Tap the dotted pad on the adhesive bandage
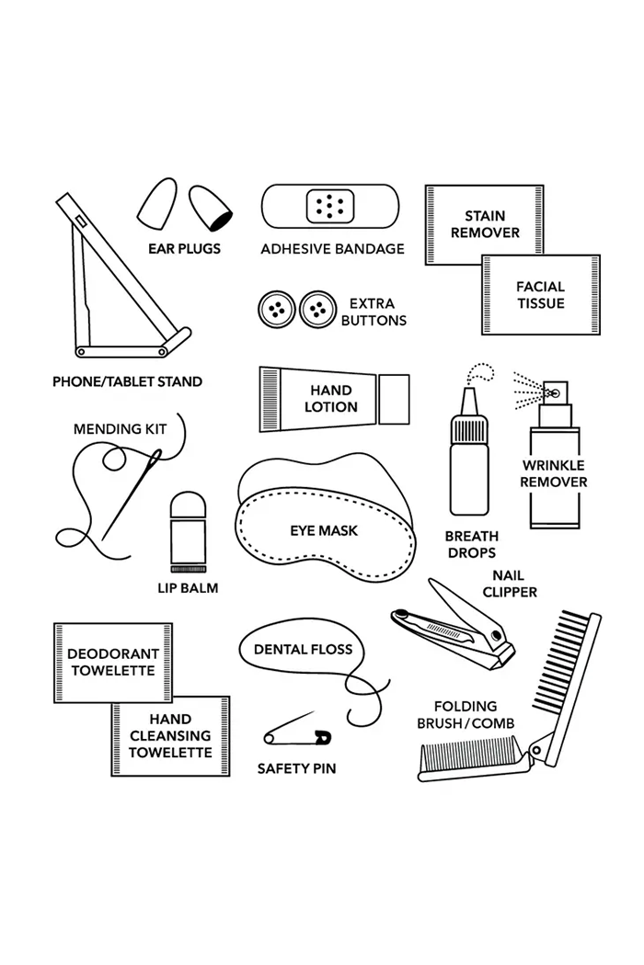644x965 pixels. tap(330, 205)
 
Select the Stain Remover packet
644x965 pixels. tap(485, 224)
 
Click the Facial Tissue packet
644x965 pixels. tap(540, 295)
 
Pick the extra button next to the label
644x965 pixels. tap(318, 310)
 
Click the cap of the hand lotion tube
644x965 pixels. tap(394, 399)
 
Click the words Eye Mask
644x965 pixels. tap(324, 530)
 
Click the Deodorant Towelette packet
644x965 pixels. tap(113, 663)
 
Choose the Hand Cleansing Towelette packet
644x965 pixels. tap(170, 735)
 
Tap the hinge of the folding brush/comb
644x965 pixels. tap(535, 750)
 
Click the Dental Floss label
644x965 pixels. tap(304, 649)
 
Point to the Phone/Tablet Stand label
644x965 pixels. tap(128, 381)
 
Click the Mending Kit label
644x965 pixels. tap(121, 429)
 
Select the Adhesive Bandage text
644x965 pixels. tap(333, 249)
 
